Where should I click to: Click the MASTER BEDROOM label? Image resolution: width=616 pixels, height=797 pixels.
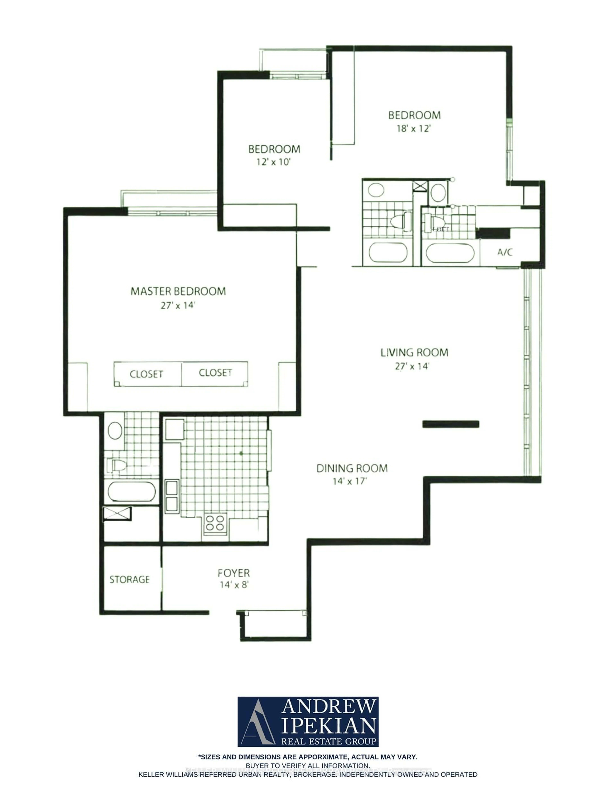coord(178,291)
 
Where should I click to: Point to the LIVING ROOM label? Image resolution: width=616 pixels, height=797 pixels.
coord(414,352)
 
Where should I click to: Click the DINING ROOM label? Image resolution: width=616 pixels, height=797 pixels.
coord(352,468)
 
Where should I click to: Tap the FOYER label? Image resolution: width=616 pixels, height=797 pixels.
coord(234,573)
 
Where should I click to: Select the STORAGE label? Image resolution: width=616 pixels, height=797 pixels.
coord(130,579)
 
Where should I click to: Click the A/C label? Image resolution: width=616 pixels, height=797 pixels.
coord(505,252)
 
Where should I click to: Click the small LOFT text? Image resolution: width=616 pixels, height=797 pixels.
coord(441,229)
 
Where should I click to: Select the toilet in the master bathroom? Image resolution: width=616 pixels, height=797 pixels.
coord(117,466)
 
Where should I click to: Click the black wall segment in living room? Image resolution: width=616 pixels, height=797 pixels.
coord(450,424)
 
